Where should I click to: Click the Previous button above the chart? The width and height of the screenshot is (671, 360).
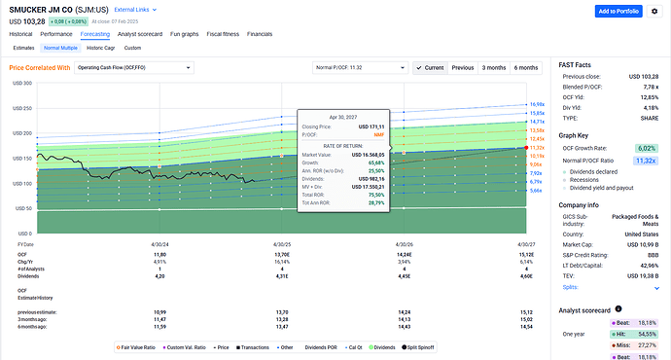(x=463, y=68)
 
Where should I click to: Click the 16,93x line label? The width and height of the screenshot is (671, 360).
(x=537, y=104)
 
